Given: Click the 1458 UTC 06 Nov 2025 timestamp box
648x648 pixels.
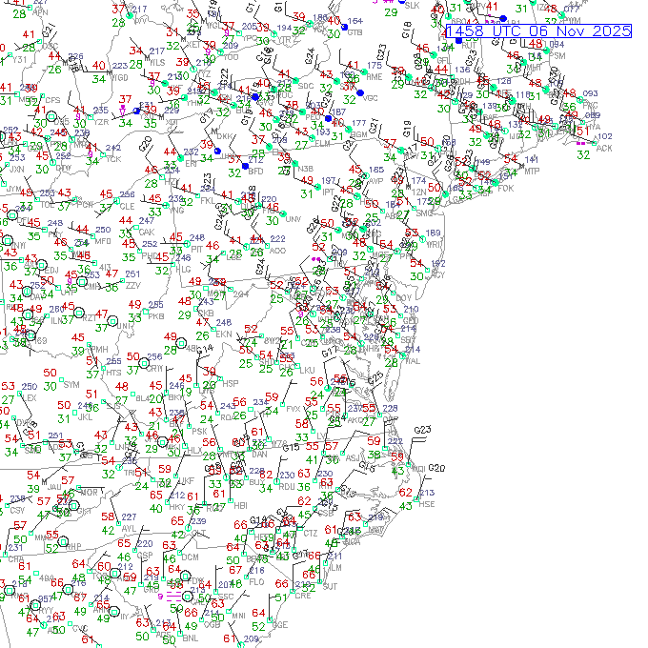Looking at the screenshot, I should (x=537, y=31).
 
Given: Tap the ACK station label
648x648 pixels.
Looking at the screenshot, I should (x=603, y=148).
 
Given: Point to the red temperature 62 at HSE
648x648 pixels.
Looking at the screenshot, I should (x=405, y=492).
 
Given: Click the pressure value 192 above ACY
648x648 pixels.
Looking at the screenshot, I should (x=437, y=263).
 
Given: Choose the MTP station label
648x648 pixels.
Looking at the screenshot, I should (x=532, y=171).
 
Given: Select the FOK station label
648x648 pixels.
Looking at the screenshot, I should (x=506, y=188).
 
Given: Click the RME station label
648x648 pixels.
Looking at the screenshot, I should (x=375, y=76).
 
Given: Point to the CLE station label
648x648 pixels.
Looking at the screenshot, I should (x=127, y=206).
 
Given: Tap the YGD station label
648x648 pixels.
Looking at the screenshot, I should (x=120, y=77).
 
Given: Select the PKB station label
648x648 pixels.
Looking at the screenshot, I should (x=155, y=315).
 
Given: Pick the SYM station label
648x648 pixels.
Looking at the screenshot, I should (x=71, y=384).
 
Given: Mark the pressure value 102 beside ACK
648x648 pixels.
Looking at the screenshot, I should (x=604, y=136).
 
